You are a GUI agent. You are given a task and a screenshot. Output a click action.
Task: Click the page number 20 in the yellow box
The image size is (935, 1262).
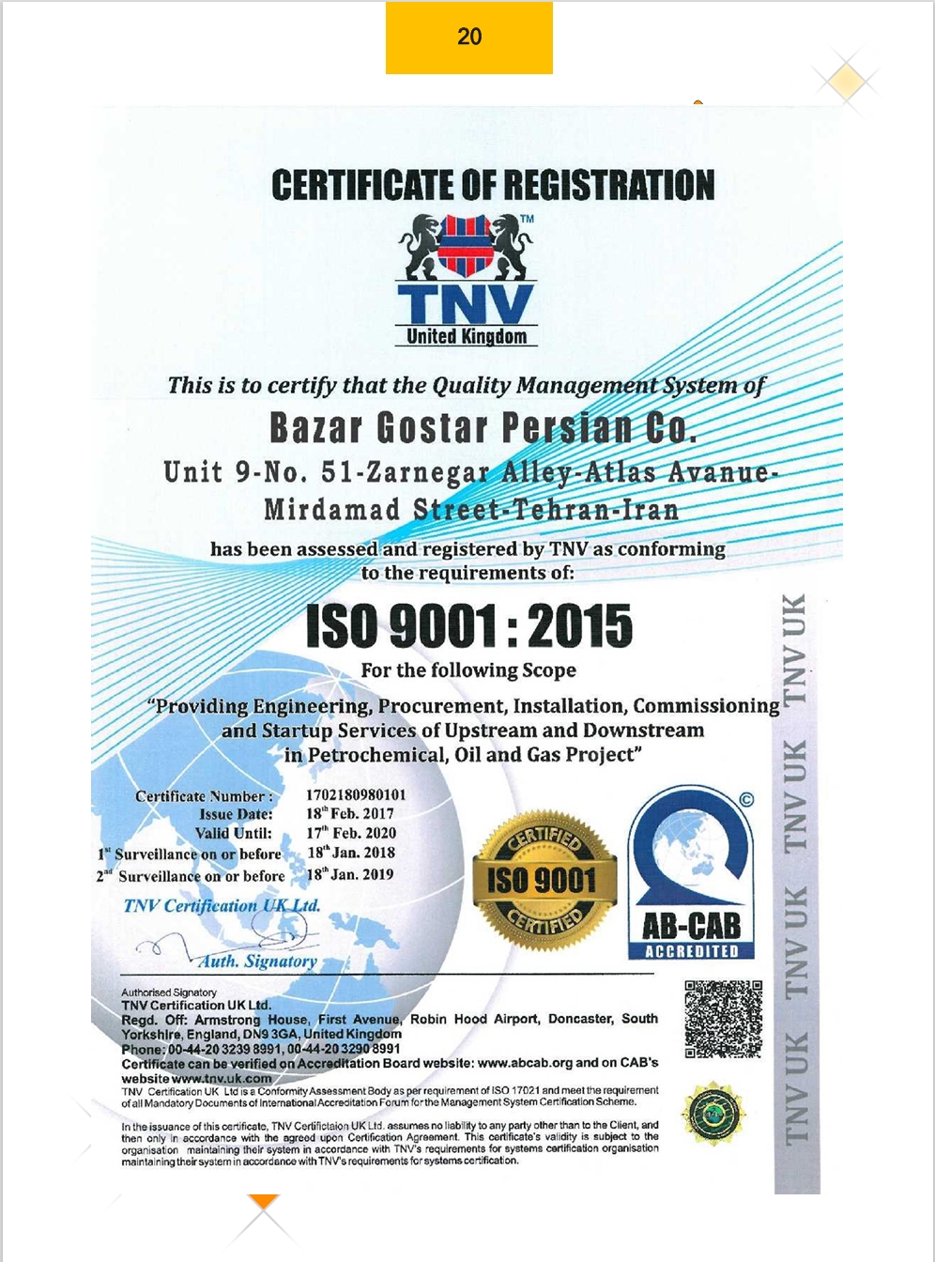(x=469, y=37)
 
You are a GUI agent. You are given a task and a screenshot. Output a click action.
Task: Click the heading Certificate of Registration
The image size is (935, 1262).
(x=493, y=186)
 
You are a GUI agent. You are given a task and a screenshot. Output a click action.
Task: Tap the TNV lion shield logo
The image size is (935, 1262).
(x=467, y=247)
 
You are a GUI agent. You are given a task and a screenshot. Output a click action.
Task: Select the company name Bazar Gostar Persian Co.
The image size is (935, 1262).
(x=483, y=428)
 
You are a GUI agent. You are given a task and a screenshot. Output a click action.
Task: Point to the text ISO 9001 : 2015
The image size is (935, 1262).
(x=469, y=626)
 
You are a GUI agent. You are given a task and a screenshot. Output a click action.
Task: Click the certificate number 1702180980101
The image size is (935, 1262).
(x=356, y=795)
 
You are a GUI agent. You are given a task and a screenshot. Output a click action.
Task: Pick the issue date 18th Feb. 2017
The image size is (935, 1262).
(x=350, y=814)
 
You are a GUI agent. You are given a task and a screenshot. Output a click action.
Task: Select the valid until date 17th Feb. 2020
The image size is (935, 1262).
(x=351, y=833)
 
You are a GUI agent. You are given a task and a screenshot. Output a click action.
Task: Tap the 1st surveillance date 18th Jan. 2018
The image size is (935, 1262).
(x=351, y=853)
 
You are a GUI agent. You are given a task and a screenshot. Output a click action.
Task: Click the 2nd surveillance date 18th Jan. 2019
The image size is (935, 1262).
(x=350, y=874)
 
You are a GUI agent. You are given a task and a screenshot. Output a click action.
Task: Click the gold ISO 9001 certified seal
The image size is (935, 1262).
(x=544, y=880)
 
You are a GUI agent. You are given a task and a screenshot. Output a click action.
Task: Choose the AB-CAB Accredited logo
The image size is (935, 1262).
(x=692, y=873)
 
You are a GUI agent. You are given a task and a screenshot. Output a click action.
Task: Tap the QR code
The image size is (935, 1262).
(x=723, y=1019)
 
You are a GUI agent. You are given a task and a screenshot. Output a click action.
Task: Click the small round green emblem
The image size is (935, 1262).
(x=713, y=1114)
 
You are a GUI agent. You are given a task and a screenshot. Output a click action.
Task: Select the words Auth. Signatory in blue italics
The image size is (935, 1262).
(x=257, y=962)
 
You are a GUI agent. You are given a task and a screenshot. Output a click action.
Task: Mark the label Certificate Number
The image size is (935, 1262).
(x=204, y=796)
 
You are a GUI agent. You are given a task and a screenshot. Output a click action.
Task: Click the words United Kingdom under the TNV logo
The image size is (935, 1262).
(x=467, y=336)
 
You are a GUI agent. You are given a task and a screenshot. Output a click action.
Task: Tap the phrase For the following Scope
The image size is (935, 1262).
(x=468, y=670)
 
